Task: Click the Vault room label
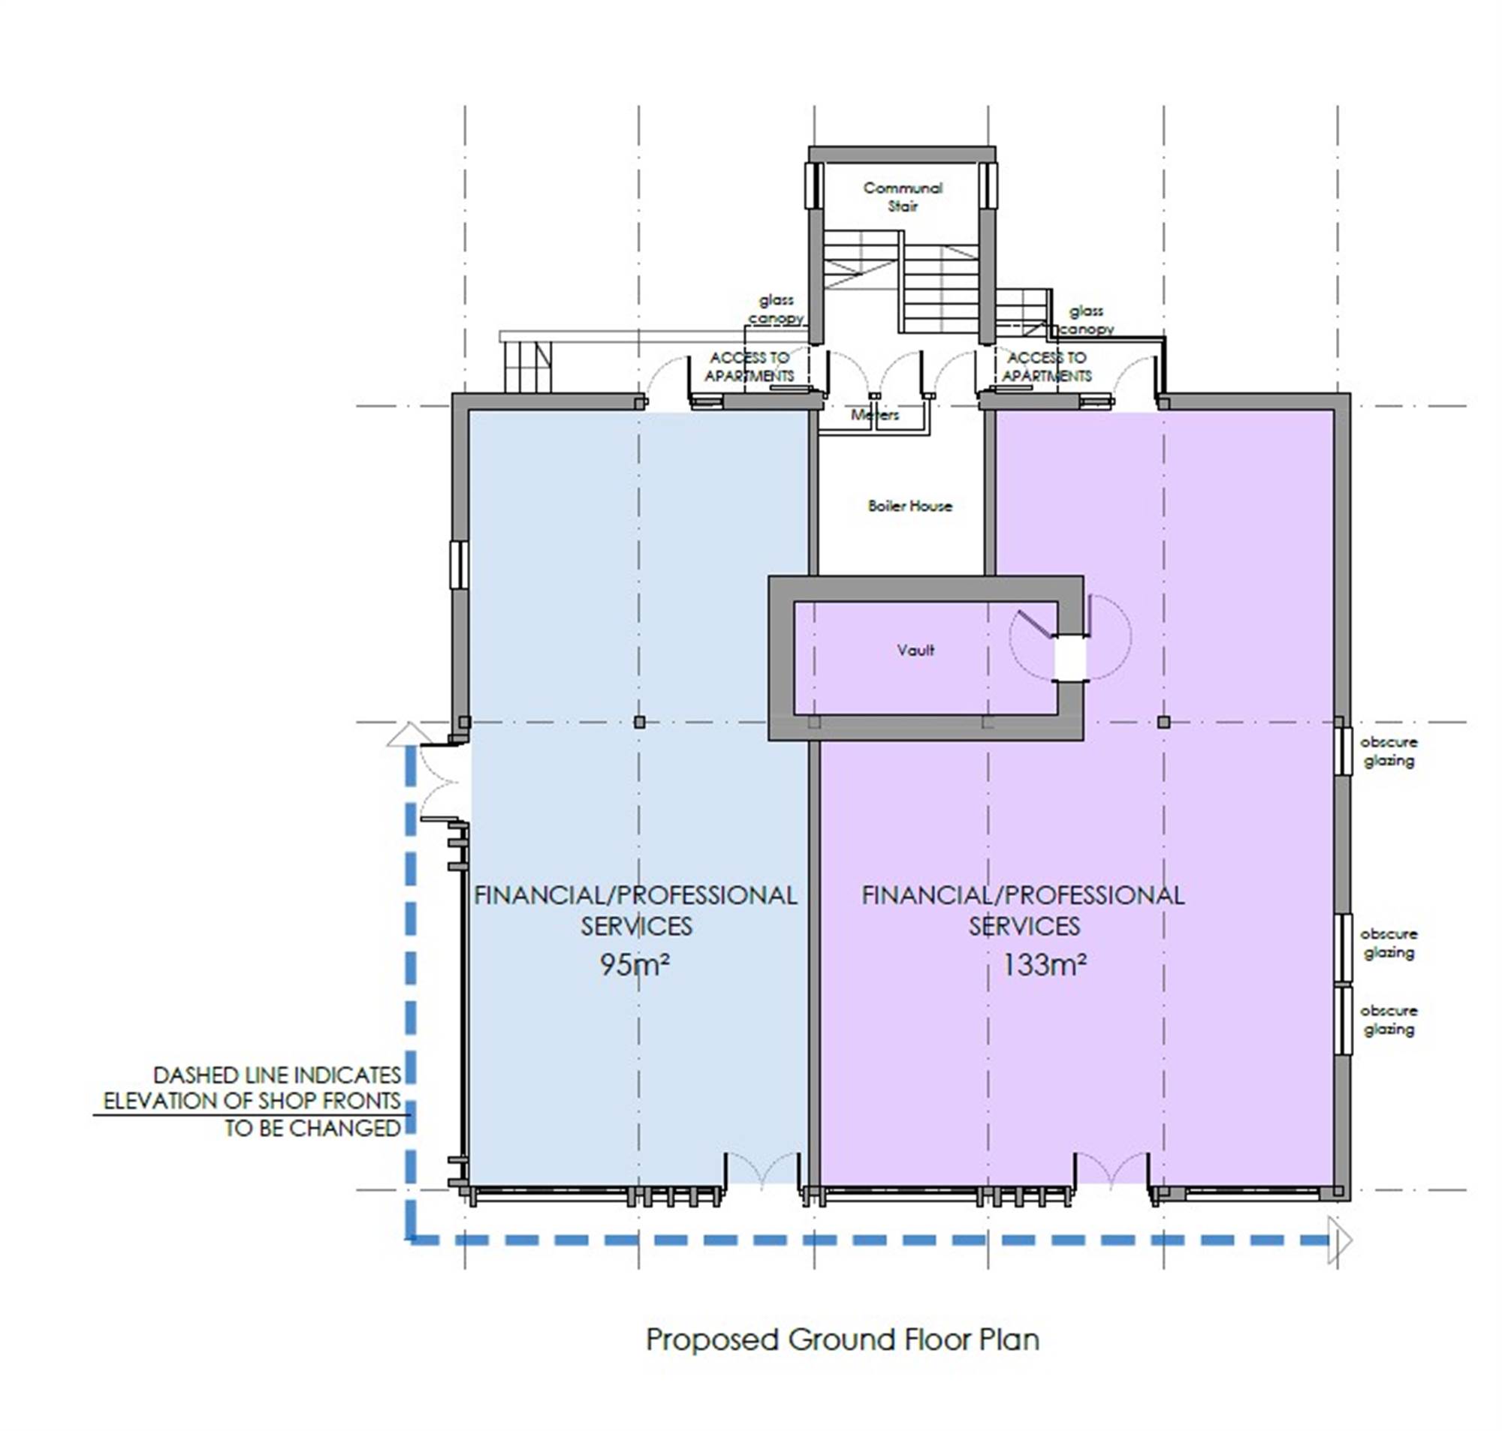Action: click(x=915, y=650)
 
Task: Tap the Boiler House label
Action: click(x=909, y=506)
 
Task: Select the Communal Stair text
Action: click(x=903, y=197)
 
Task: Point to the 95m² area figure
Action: click(x=635, y=965)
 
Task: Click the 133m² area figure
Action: click(x=1044, y=965)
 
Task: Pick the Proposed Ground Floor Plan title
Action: click(x=843, y=1339)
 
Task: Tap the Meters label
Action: click(x=875, y=415)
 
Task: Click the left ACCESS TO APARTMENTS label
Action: click(x=749, y=367)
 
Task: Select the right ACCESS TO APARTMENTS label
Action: click(x=1046, y=367)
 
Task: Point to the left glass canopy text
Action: click(x=777, y=309)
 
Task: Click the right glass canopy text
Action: click(x=1086, y=320)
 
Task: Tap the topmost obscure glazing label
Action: click(x=1389, y=751)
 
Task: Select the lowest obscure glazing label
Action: click(x=1389, y=1020)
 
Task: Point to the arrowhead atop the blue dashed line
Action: click(x=410, y=734)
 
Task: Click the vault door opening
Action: click(x=1070, y=657)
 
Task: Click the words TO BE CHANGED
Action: click(x=312, y=1127)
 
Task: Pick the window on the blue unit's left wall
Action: click(x=458, y=565)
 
